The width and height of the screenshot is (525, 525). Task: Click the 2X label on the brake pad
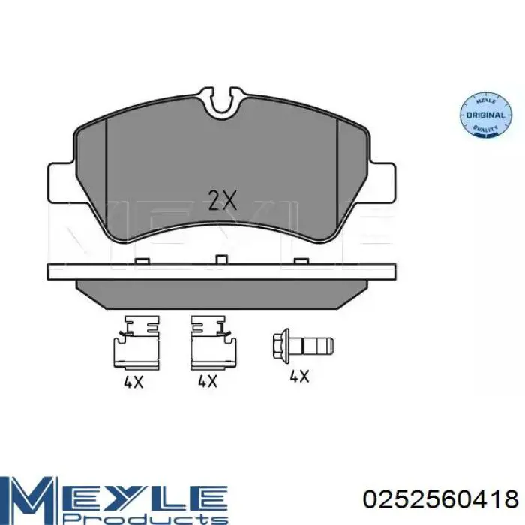point(222,200)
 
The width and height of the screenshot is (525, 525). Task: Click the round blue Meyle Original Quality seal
point(485,114)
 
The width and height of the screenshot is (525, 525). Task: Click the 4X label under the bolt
point(299,376)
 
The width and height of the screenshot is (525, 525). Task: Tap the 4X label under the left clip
point(133,382)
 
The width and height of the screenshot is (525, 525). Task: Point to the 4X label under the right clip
point(208,381)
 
